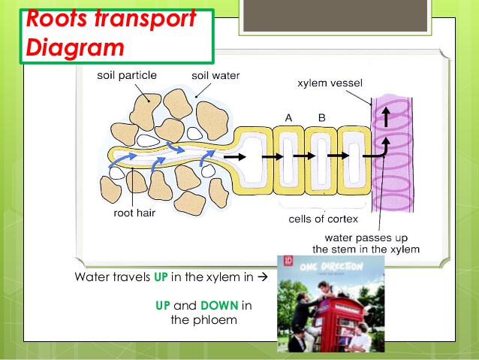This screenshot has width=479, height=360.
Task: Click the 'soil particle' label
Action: point(127,75)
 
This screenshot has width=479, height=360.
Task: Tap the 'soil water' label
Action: point(215,76)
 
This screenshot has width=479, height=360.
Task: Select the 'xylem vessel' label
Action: point(330,83)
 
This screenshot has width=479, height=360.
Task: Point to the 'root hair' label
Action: point(134,213)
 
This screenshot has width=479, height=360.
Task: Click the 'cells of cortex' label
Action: point(323,219)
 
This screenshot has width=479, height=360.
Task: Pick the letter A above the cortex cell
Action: point(289,118)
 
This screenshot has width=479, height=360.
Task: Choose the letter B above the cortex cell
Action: point(321,118)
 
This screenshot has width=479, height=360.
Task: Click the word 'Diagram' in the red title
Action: point(75,47)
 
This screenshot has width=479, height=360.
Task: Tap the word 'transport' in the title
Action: point(145,19)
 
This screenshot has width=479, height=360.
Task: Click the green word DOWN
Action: point(219,305)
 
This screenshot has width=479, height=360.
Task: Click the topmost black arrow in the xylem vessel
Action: point(386,116)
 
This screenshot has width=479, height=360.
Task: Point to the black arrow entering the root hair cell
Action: point(234,157)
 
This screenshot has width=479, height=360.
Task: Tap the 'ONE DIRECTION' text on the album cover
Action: point(331,266)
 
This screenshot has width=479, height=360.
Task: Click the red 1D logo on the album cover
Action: point(288,261)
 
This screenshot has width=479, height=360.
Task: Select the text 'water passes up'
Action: point(366,237)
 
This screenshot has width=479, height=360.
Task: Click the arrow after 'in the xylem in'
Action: point(263,277)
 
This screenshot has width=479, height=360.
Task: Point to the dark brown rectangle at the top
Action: point(335,15)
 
